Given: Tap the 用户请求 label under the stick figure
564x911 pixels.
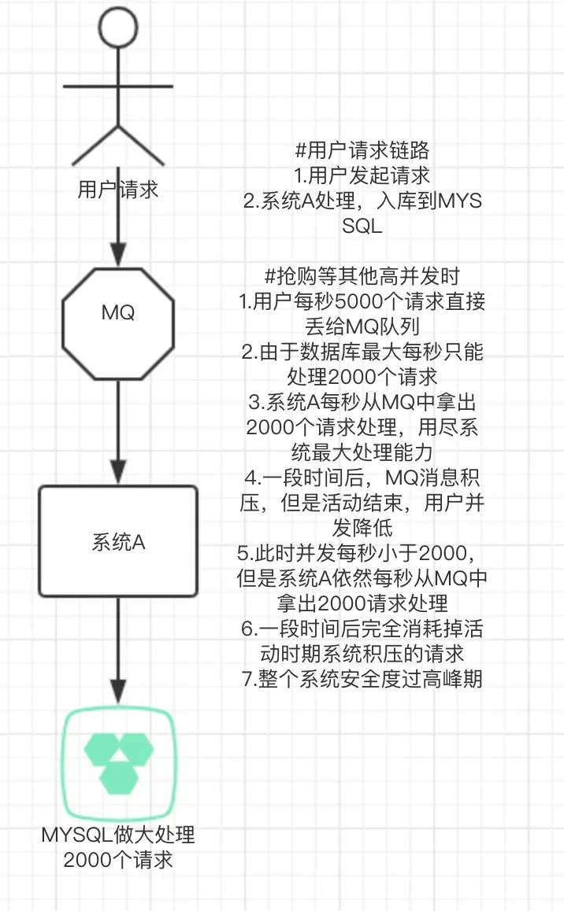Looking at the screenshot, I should pyautogui.click(x=118, y=190).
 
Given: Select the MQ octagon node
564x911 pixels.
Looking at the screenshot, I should pyautogui.click(x=118, y=313).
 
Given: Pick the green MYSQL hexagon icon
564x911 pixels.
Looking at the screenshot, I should pyautogui.click(x=118, y=760).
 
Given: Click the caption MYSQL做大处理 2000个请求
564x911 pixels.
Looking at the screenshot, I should pyautogui.click(x=118, y=846).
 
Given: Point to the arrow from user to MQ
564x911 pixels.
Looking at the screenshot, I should pyautogui.click(x=118, y=228).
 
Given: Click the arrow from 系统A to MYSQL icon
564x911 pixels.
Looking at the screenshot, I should pyautogui.click(x=118, y=645).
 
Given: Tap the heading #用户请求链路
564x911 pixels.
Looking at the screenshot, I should pyautogui.click(x=362, y=151).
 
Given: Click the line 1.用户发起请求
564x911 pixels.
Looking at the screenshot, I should pyautogui.click(x=362, y=175).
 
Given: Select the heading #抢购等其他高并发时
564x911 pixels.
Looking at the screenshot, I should pyautogui.click(x=362, y=275).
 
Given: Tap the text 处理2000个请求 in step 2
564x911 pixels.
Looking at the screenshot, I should pyautogui.click(x=362, y=375).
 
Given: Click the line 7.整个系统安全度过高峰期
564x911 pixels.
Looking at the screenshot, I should pyautogui.click(x=362, y=678).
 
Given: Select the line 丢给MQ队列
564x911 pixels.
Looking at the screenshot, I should pyautogui.click(x=362, y=325).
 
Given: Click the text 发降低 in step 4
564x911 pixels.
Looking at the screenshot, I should pyautogui.click(x=362, y=526).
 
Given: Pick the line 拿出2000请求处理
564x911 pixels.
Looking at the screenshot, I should pyautogui.click(x=362, y=603).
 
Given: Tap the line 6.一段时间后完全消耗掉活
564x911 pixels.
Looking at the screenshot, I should pyautogui.click(x=362, y=628).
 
